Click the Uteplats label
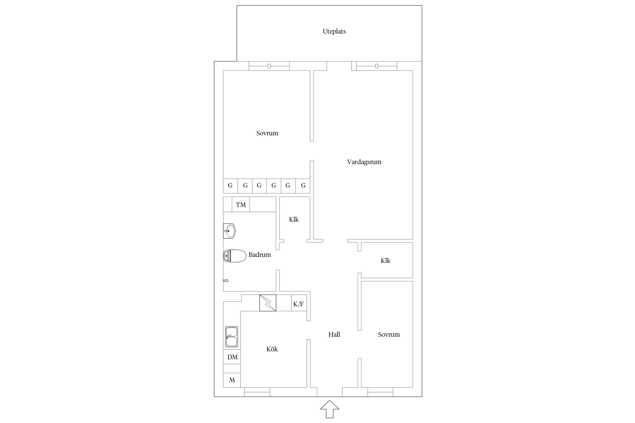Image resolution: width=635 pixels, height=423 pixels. click(334, 31)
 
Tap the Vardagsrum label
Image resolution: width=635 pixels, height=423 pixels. click(364, 162)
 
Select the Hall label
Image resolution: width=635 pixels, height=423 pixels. click(334, 334)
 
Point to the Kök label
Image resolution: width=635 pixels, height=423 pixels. click(272, 349)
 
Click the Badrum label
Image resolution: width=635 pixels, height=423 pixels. click(260, 255)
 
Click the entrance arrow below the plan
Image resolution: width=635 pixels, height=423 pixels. click(330, 409)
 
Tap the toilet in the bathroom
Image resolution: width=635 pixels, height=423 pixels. click(235, 256)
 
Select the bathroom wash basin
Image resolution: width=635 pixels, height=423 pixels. click(229, 231)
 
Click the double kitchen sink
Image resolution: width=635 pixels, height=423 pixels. click(231, 337)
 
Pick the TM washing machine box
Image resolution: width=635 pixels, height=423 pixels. click(241, 204)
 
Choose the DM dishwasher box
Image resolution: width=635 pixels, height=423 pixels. click(232, 357)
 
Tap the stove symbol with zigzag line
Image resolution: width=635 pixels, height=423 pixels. click(268, 303)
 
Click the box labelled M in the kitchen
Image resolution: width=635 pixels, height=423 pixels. click(232, 380)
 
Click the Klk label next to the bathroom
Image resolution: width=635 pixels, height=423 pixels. click(294, 219)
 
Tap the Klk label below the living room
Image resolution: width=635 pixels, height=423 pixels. click(386, 261)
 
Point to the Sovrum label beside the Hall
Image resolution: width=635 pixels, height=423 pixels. click(389, 334)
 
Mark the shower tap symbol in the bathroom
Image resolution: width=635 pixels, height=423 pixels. click(226, 281)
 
